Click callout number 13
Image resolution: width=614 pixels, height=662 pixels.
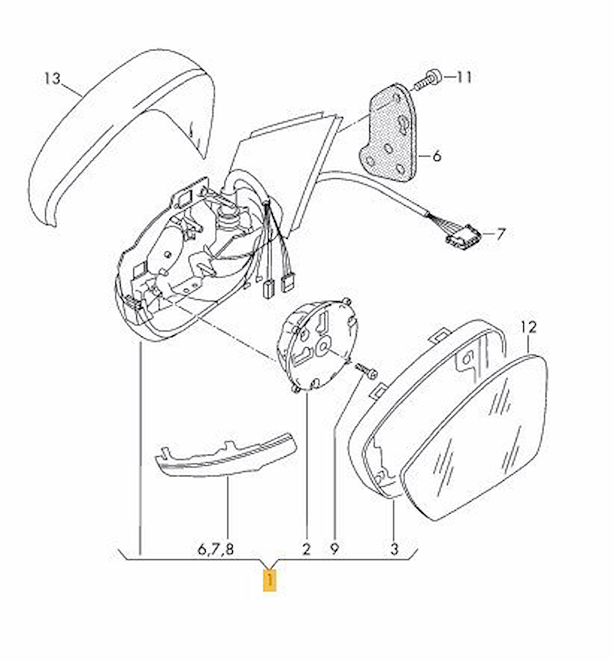tap(52, 79)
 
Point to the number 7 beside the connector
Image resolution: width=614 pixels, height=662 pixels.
tap(500, 234)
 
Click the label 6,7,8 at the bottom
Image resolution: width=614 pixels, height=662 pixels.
tap(216, 549)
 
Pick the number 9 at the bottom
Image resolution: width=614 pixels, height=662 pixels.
tap(334, 549)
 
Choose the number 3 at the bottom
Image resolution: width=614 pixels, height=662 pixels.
tap(394, 549)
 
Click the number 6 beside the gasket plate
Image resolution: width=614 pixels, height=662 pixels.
tap(436, 156)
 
